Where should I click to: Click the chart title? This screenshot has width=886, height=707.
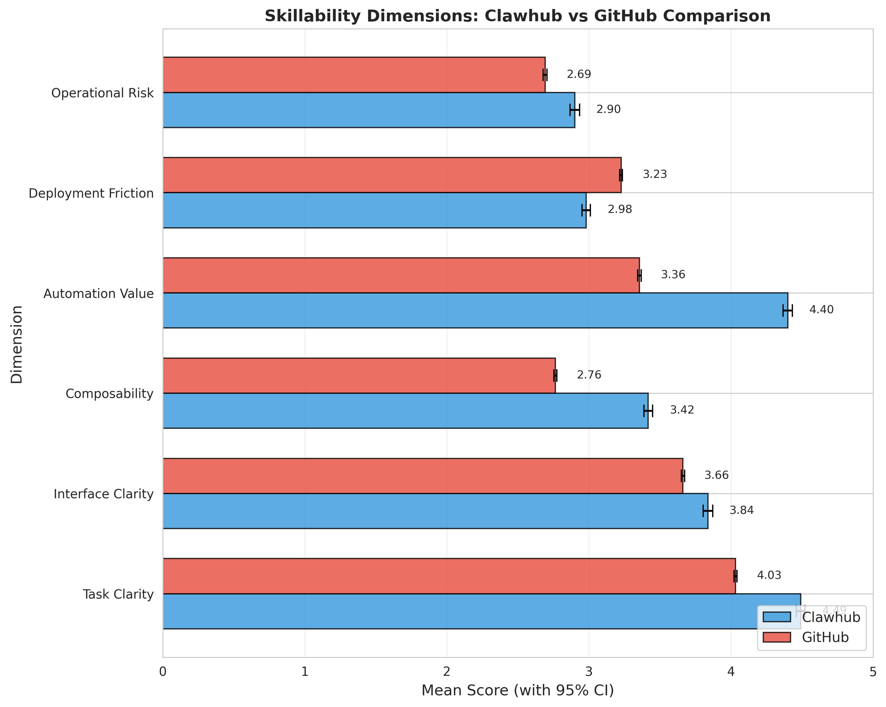tap(517, 16)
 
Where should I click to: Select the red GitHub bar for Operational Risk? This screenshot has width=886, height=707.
tap(353, 75)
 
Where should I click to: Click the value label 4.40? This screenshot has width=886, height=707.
tap(821, 310)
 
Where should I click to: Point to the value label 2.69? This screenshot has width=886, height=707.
tap(579, 75)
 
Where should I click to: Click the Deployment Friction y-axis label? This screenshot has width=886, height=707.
tap(91, 193)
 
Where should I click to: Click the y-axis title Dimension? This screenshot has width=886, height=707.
tap(16, 345)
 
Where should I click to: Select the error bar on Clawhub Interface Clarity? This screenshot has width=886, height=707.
tap(708, 511)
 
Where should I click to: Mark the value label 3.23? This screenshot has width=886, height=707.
tap(655, 174)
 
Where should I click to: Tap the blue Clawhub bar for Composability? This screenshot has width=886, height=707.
tap(405, 411)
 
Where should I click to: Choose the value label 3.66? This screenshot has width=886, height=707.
tap(716, 476)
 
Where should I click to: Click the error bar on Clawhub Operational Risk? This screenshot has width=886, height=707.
tap(575, 110)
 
